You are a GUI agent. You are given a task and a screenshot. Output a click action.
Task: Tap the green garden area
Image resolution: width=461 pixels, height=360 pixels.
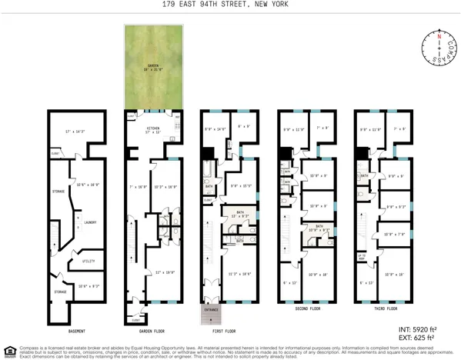[152, 65]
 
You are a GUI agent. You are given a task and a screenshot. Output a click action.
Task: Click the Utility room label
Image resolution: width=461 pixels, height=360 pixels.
[89, 261]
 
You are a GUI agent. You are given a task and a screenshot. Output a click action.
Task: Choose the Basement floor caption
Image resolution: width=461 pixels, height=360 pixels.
[77, 331]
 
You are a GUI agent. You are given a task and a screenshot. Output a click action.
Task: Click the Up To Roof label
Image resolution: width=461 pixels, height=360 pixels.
[362, 256]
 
